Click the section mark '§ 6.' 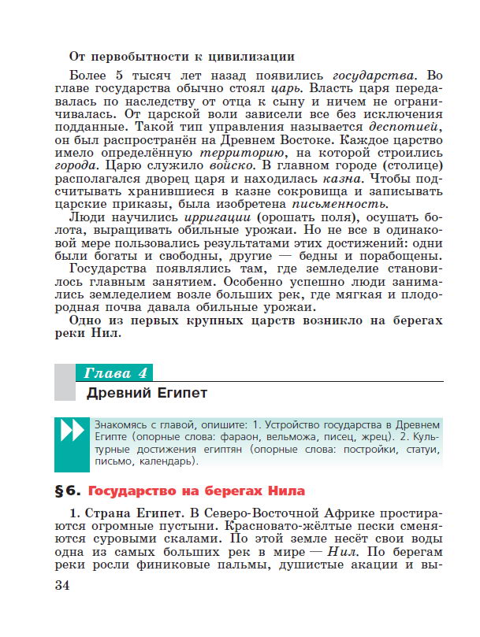tap(69, 491)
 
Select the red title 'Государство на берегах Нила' tap(196, 491)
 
